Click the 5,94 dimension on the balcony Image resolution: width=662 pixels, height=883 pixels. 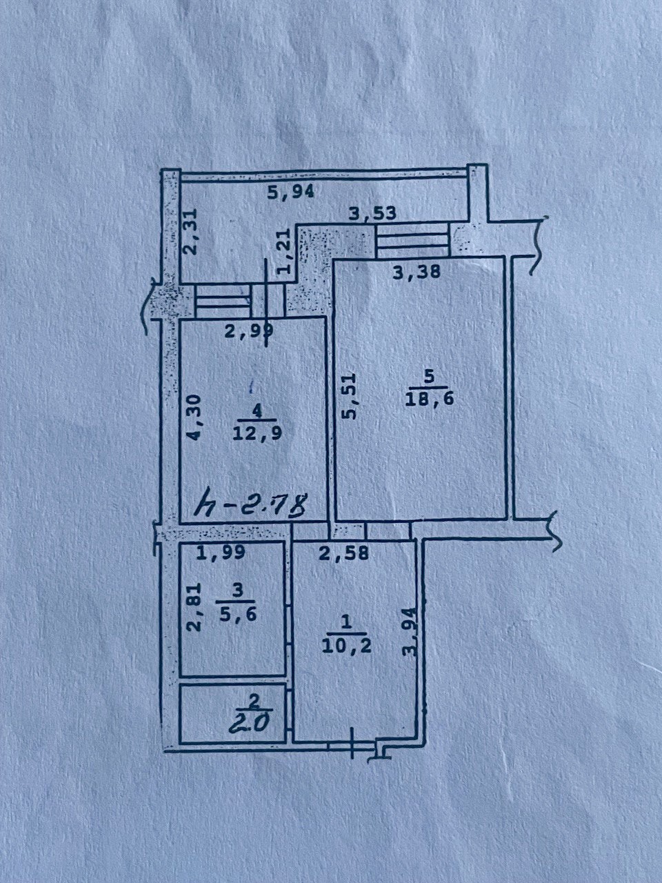click(290, 192)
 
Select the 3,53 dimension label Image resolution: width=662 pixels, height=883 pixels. click(372, 212)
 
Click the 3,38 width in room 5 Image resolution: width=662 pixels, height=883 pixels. click(417, 272)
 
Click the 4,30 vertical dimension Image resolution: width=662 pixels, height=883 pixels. click(194, 417)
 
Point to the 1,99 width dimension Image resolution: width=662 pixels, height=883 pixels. click(221, 552)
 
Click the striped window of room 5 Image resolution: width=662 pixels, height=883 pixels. click(412, 241)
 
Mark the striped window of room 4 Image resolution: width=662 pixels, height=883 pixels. click(222, 301)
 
